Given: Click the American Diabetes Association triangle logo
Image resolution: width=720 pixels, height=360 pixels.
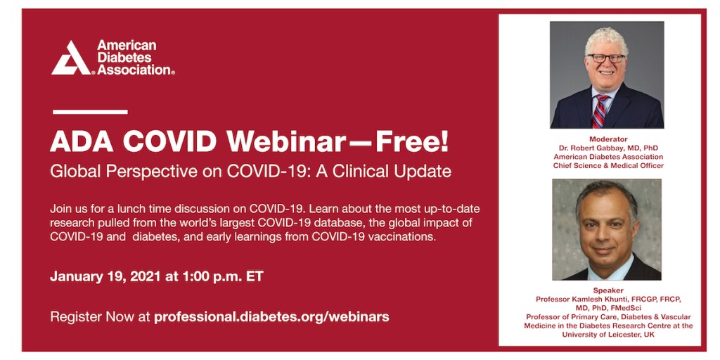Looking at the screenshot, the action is pos(71,58).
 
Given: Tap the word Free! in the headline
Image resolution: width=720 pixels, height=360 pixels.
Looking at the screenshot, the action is pos(412,142).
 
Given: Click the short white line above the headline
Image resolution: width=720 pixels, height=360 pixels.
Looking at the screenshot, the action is pos(90,112).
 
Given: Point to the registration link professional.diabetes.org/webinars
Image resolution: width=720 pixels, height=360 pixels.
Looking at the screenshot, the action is pos(271,317).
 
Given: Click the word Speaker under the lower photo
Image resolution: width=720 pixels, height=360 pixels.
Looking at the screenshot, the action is pos(608,290).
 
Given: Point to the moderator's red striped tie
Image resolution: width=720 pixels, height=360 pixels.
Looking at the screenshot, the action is pos(599,110).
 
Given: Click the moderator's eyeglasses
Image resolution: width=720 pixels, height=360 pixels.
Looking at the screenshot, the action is pos(606,58).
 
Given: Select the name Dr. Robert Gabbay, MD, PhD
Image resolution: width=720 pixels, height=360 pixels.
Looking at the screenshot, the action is pos(608,148).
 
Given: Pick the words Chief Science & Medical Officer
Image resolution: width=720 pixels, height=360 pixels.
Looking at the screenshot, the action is pos(608,165).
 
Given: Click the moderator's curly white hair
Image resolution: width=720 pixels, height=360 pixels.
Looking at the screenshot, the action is pos(606,40).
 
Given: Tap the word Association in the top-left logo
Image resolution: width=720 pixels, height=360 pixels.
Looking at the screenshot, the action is pos(134,70).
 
